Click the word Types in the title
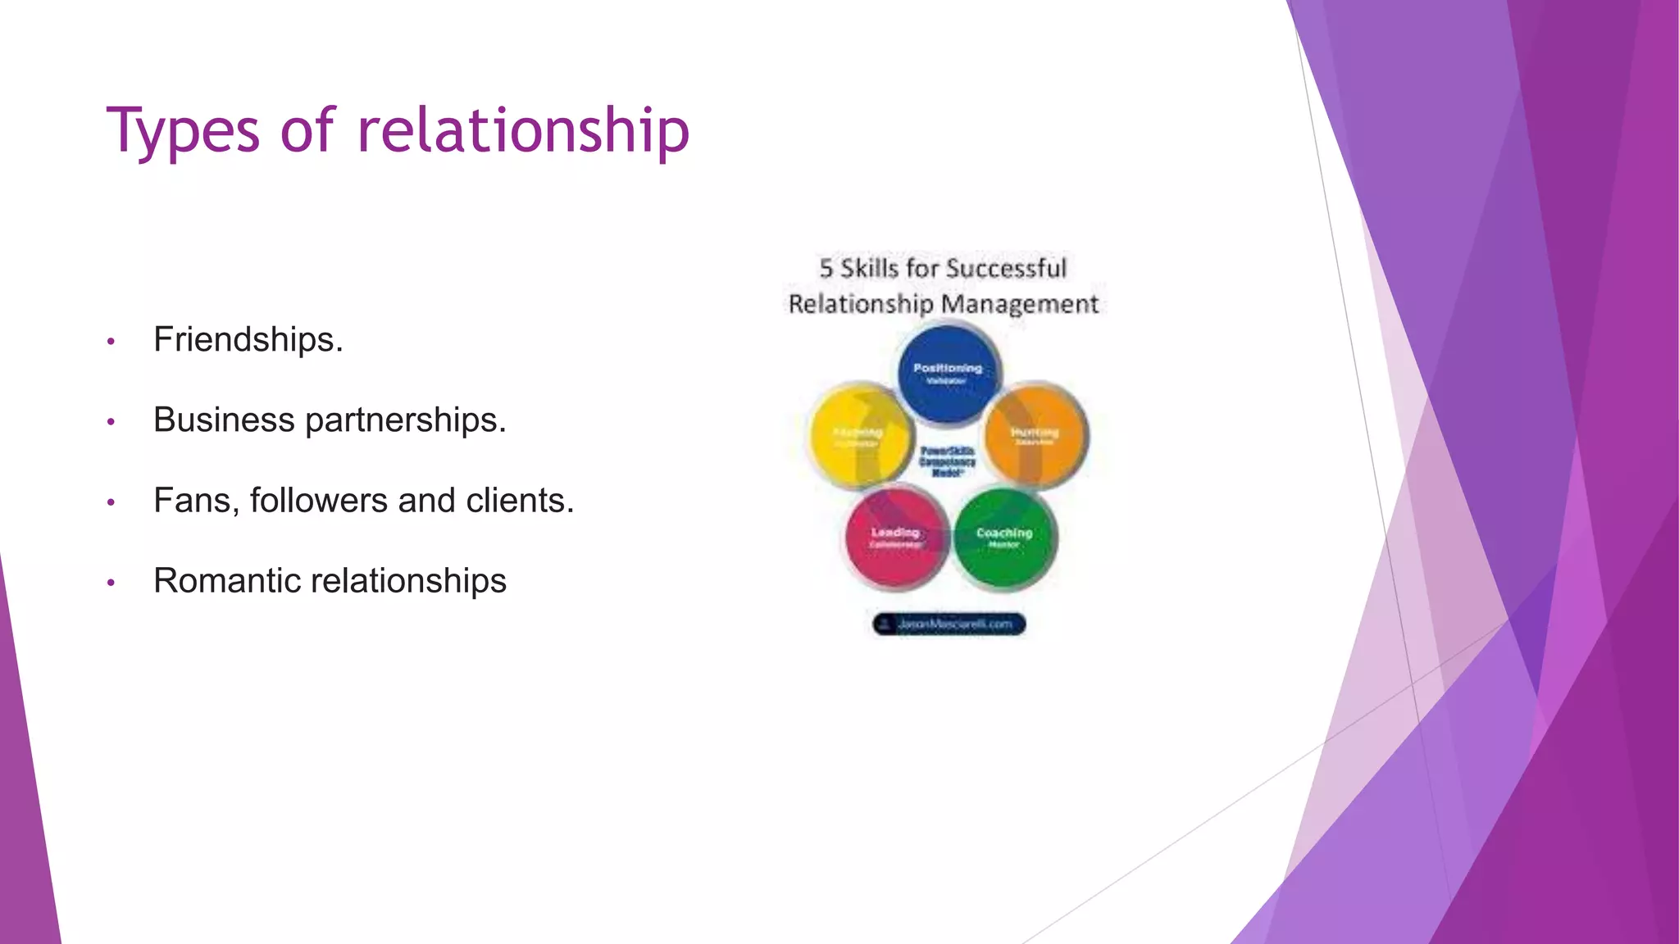click(183, 131)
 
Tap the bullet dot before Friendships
click(111, 341)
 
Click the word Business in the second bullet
click(224, 420)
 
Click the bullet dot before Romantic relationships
click(111, 583)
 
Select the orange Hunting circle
click(1035, 436)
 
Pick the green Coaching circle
click(1003, 538)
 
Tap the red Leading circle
click(895, 538)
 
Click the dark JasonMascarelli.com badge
click(949, 624)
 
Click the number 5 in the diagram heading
click(826, 268)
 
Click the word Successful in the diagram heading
click(1006, 268)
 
